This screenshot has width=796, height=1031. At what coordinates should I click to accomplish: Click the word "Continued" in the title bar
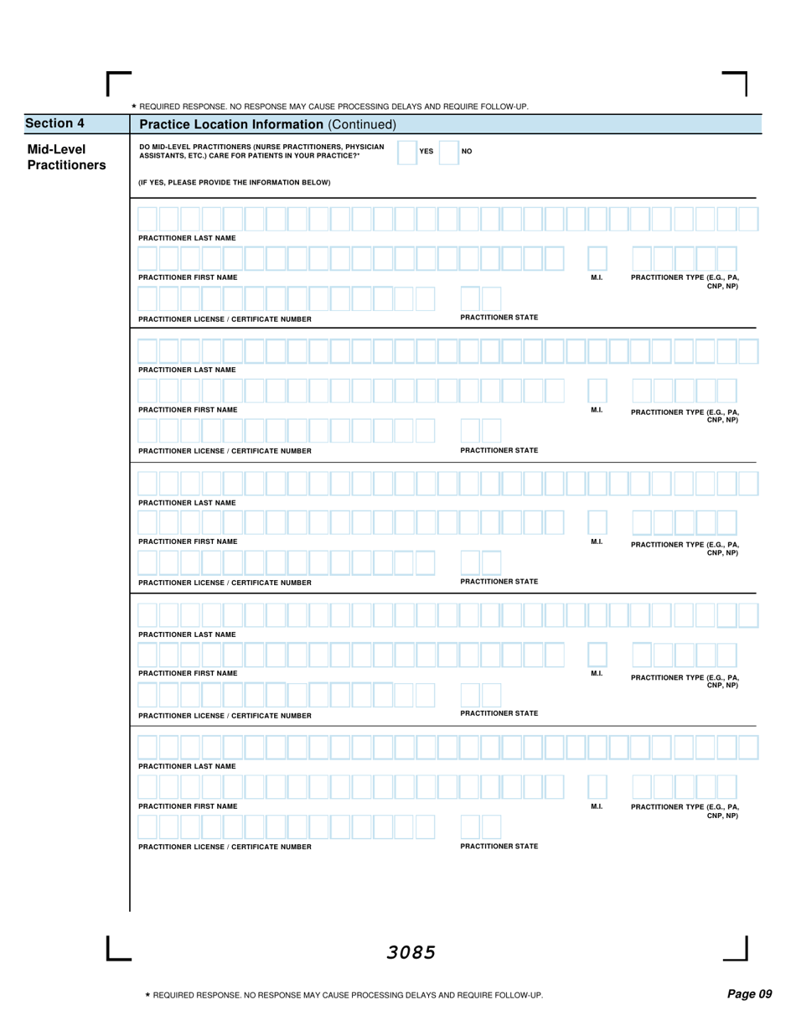click(360, 125)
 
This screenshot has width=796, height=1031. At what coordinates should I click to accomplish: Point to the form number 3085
click(411, 952)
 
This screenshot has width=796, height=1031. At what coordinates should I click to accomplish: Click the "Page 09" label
click(749, 994)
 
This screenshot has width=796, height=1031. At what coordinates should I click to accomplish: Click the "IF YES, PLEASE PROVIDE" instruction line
click(235, 182)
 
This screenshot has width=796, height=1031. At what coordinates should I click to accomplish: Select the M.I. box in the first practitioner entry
click(597, 258)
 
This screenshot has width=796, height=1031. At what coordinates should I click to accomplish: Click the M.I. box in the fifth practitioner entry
click(597, 787)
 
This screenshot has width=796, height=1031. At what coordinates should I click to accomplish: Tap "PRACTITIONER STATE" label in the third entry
click(499, 581)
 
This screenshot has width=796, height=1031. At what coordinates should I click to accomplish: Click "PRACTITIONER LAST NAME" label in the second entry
click(187, 370)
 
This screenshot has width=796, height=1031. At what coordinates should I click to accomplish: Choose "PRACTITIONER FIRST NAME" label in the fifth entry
click(188, 806)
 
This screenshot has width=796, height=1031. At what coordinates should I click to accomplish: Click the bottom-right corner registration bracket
click(737, 949)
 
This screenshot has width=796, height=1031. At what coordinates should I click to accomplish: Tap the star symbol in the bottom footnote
click(147, 995)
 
